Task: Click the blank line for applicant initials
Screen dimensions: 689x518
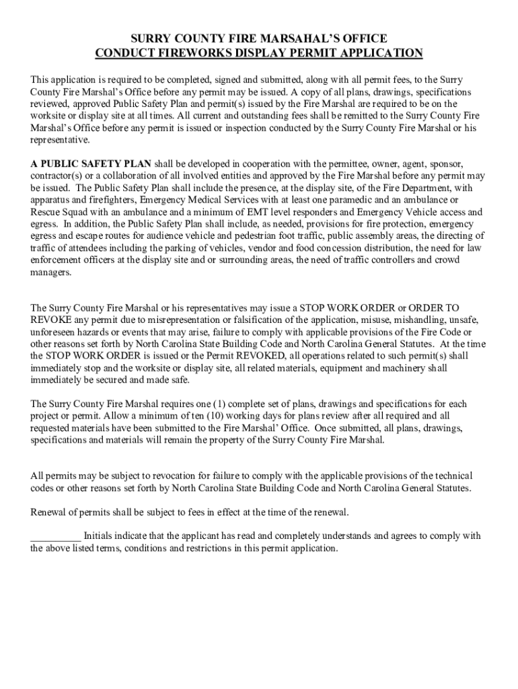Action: [55, 538]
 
